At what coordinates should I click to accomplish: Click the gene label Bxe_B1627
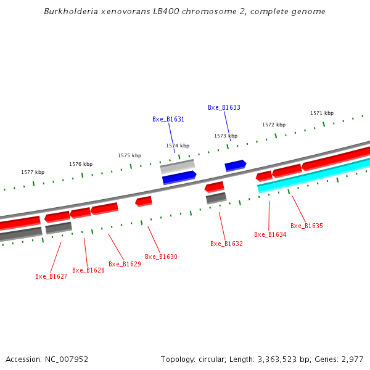pyautogui.click(x=51, y=276)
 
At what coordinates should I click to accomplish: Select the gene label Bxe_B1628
pyautogui.click(x=88, y=270)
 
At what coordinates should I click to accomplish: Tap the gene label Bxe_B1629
pyautogui.click(x=125, y=264)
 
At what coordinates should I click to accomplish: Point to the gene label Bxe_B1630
pyautogui.click(x=161, y=257)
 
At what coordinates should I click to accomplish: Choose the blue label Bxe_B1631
pyautogui.click(x=168, y=119)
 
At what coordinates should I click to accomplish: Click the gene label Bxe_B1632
pyautogui.click(x=226, y=244)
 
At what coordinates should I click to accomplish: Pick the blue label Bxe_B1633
pyautogui.click(x=224, y=107)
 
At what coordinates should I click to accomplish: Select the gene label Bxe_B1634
pyautogui.click(x=270, y=234)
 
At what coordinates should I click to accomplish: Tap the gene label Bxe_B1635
pyautogui.click(x=306, y=226)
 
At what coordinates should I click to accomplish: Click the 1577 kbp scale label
pyautogui.click(x=33, y=173)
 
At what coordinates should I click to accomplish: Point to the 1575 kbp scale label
pyautogui.click(x=129, y=155)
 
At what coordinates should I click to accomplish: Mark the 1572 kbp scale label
pyautogui.click(x=274, y=125)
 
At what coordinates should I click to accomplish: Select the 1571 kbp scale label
pyautogui.click(x=322, y=113)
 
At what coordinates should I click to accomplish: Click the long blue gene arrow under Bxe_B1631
pyautogui.click(x=179, y=178)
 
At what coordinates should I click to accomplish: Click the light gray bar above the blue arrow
pyautogui.click(x=178, y=166)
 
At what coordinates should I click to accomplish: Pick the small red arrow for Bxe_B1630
pyautogui.click(x=144, y=201)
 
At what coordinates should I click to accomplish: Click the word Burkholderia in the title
pyautogui.click(x=67, y=12)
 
